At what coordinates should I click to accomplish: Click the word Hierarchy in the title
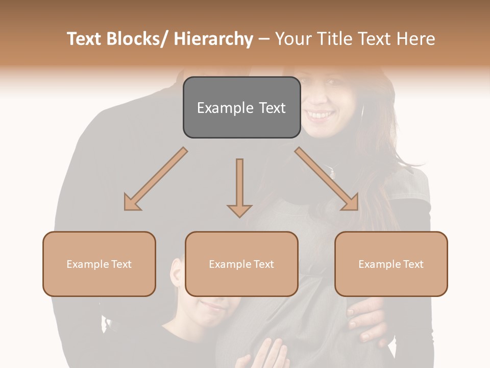pos(213,39)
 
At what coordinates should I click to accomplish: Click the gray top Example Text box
pos(241,107)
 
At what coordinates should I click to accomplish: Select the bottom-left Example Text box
pos(99,264)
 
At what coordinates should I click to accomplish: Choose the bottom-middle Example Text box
pos(241,264)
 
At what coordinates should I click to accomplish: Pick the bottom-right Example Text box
pos(391,264)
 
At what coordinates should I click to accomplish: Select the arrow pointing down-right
pos(327,179)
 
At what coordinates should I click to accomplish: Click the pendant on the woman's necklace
pos(332,173)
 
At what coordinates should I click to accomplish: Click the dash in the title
pos(263,39)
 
